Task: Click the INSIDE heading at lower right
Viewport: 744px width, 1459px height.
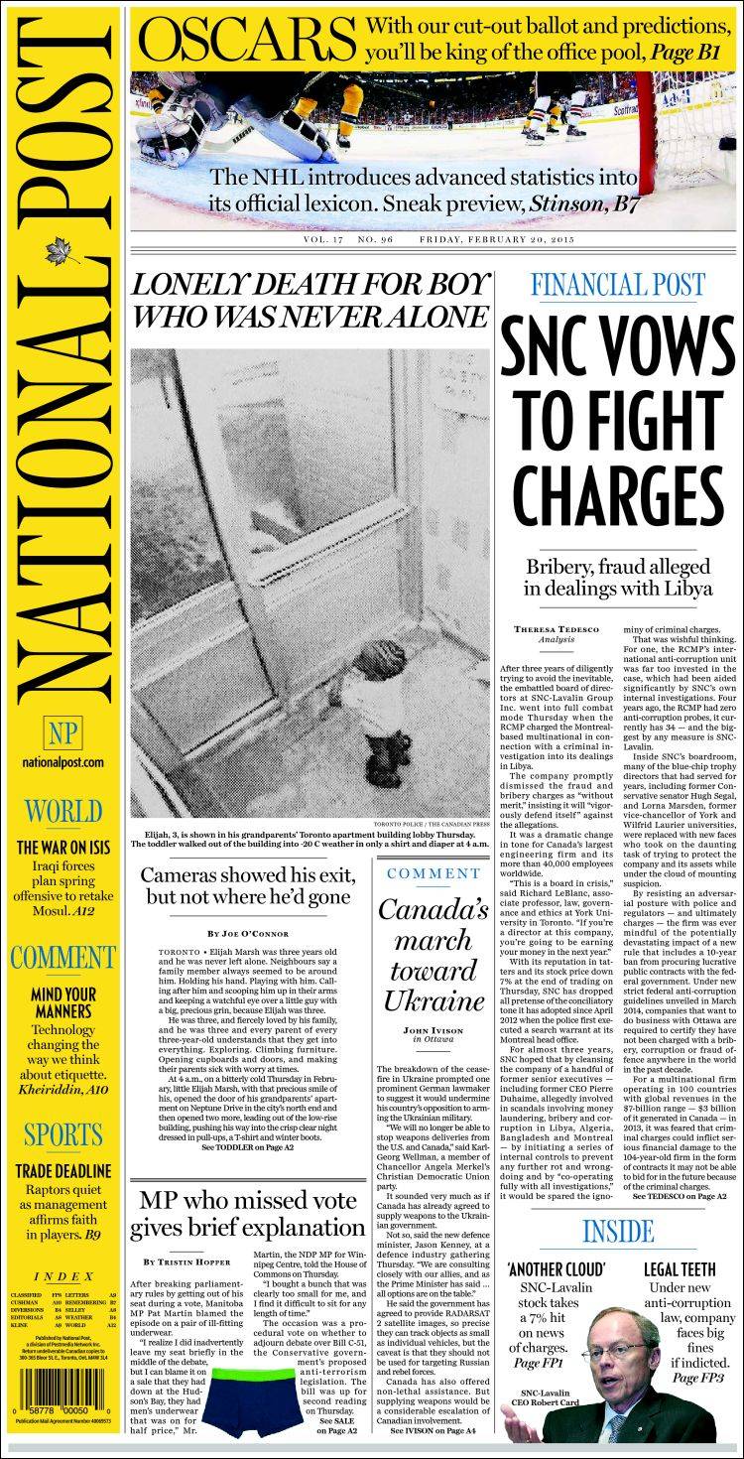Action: (x=618, y=1232)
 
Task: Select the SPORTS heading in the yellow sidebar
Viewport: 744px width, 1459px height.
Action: (x=63, y=1133)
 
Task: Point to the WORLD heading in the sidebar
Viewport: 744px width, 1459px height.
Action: (x=63, y=811)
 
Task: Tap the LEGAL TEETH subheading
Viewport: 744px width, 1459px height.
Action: (x=679, y=1268)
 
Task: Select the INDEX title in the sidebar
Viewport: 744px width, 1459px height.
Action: (x=63, y=1276)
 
